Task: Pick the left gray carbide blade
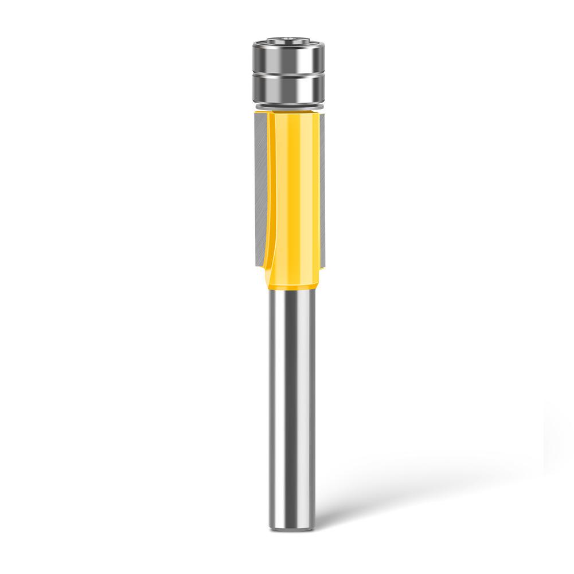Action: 258,183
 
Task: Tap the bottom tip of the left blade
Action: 257,264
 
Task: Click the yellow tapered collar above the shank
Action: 292,284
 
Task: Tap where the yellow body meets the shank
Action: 292,291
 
